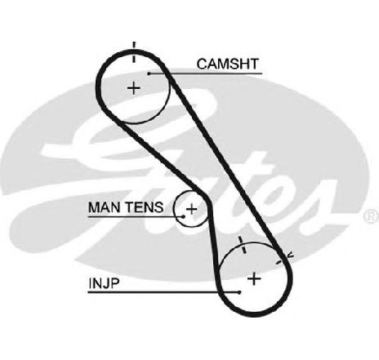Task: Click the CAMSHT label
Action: click(x=227, y=64)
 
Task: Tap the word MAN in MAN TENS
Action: click(x=105, y=207)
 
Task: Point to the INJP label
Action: click(x=104, y=283)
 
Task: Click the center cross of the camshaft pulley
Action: click(x=134, y=88)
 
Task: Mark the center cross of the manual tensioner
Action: click(x=191, y=209)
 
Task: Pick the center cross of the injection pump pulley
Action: click(x=254, y=278)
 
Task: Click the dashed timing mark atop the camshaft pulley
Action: click(x=134, y=52)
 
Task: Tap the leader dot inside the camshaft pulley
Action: click(x=149, y=73)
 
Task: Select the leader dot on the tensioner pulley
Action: click(x=184, y=216)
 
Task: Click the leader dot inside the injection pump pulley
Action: click(x=239, y=292)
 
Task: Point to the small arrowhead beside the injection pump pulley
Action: click(x=290, y=256)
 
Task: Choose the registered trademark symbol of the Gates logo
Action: click(x=372, y=216)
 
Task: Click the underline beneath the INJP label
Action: click(x=163, y=292)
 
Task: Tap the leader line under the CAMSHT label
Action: click(x=206, y=73)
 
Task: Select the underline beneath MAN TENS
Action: click(x=136, y=217)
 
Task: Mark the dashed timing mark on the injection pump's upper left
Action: click(x=242, y=245)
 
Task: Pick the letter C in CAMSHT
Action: click(x=202, y=64)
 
